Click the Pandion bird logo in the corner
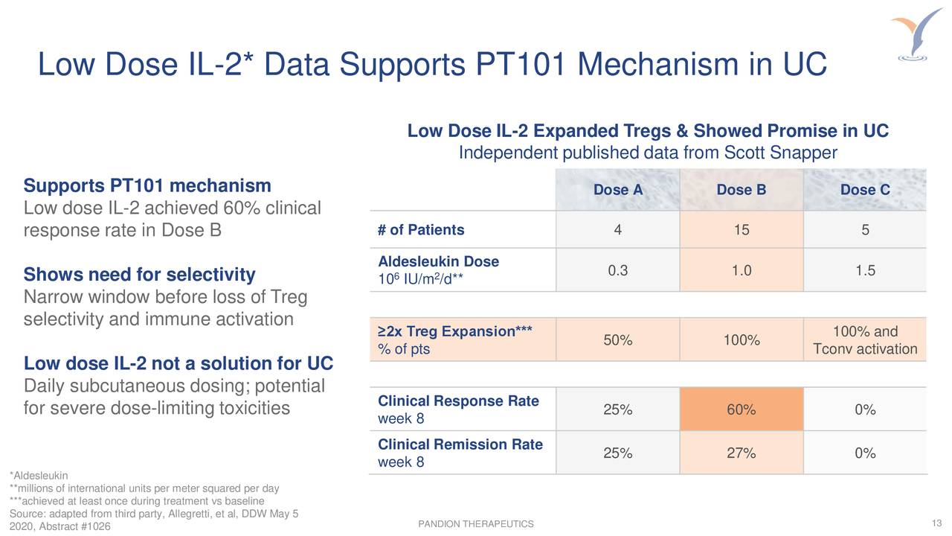(x=916, y=33)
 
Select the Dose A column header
(x=617, y=190)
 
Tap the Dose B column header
(x=741, y=190)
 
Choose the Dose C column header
(x=864, y=190)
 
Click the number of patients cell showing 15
(x=741, y=230)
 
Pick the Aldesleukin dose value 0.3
(x=617, y=270)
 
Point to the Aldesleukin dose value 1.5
(x=864, y=270)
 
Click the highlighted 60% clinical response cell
(x=741, y=410)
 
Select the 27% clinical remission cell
(x=741, y=453)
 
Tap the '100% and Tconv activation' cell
(x=864, y=340)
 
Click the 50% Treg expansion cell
(x=617, y=340)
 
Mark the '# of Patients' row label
(x=421, y=230)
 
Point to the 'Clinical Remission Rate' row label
(x=460, y=445)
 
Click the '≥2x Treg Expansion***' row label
(x=455, y=332)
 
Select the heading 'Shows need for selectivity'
(x=140, y=275)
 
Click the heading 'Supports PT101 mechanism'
(x=147, y=185)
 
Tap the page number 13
(x=936, y=523)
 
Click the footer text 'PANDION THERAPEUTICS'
(x=476, y=525)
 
